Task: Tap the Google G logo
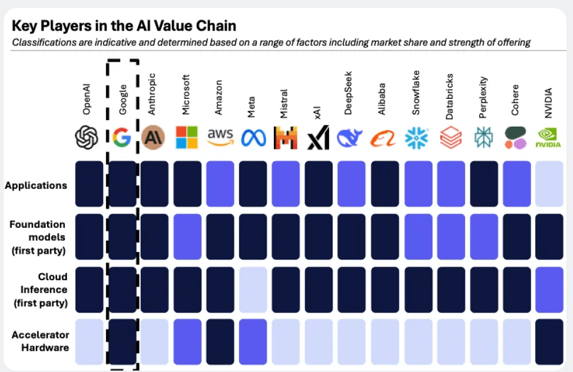click(x=122, y=137)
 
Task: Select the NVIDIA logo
click(x=548, y=137)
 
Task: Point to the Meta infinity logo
click(x=253, y=138)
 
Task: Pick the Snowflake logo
click(x=417, y=138)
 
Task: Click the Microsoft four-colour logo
click(x=187, y=137)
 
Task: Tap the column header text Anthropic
click(x=152, y=94)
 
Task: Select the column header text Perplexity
click(x=483, y=94)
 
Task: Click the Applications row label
click(x=36, y=185)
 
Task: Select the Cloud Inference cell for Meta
click(x=253, y=289)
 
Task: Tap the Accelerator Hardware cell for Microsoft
click(x=187, y=341)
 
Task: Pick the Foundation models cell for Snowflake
click(x=417, y=237)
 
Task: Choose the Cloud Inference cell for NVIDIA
click(x=549, y=289)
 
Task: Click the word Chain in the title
click(x=214, y=26)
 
